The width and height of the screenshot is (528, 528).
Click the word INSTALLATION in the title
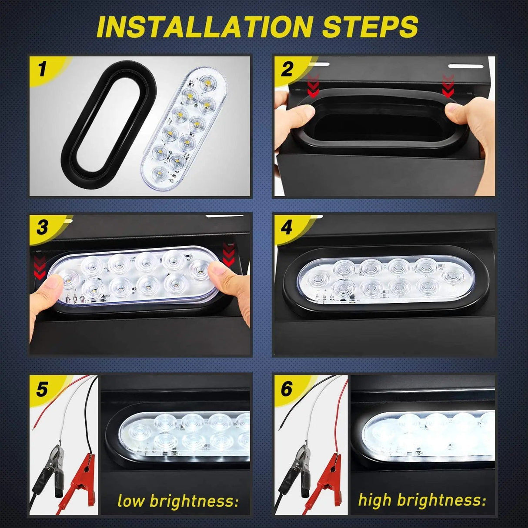pos(204,27)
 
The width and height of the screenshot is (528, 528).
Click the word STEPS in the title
pos(370,27)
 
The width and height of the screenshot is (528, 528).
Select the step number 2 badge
pos(287,69)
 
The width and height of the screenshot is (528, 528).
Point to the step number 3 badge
pos(42,227)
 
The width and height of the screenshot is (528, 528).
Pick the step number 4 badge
pos(287,227)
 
